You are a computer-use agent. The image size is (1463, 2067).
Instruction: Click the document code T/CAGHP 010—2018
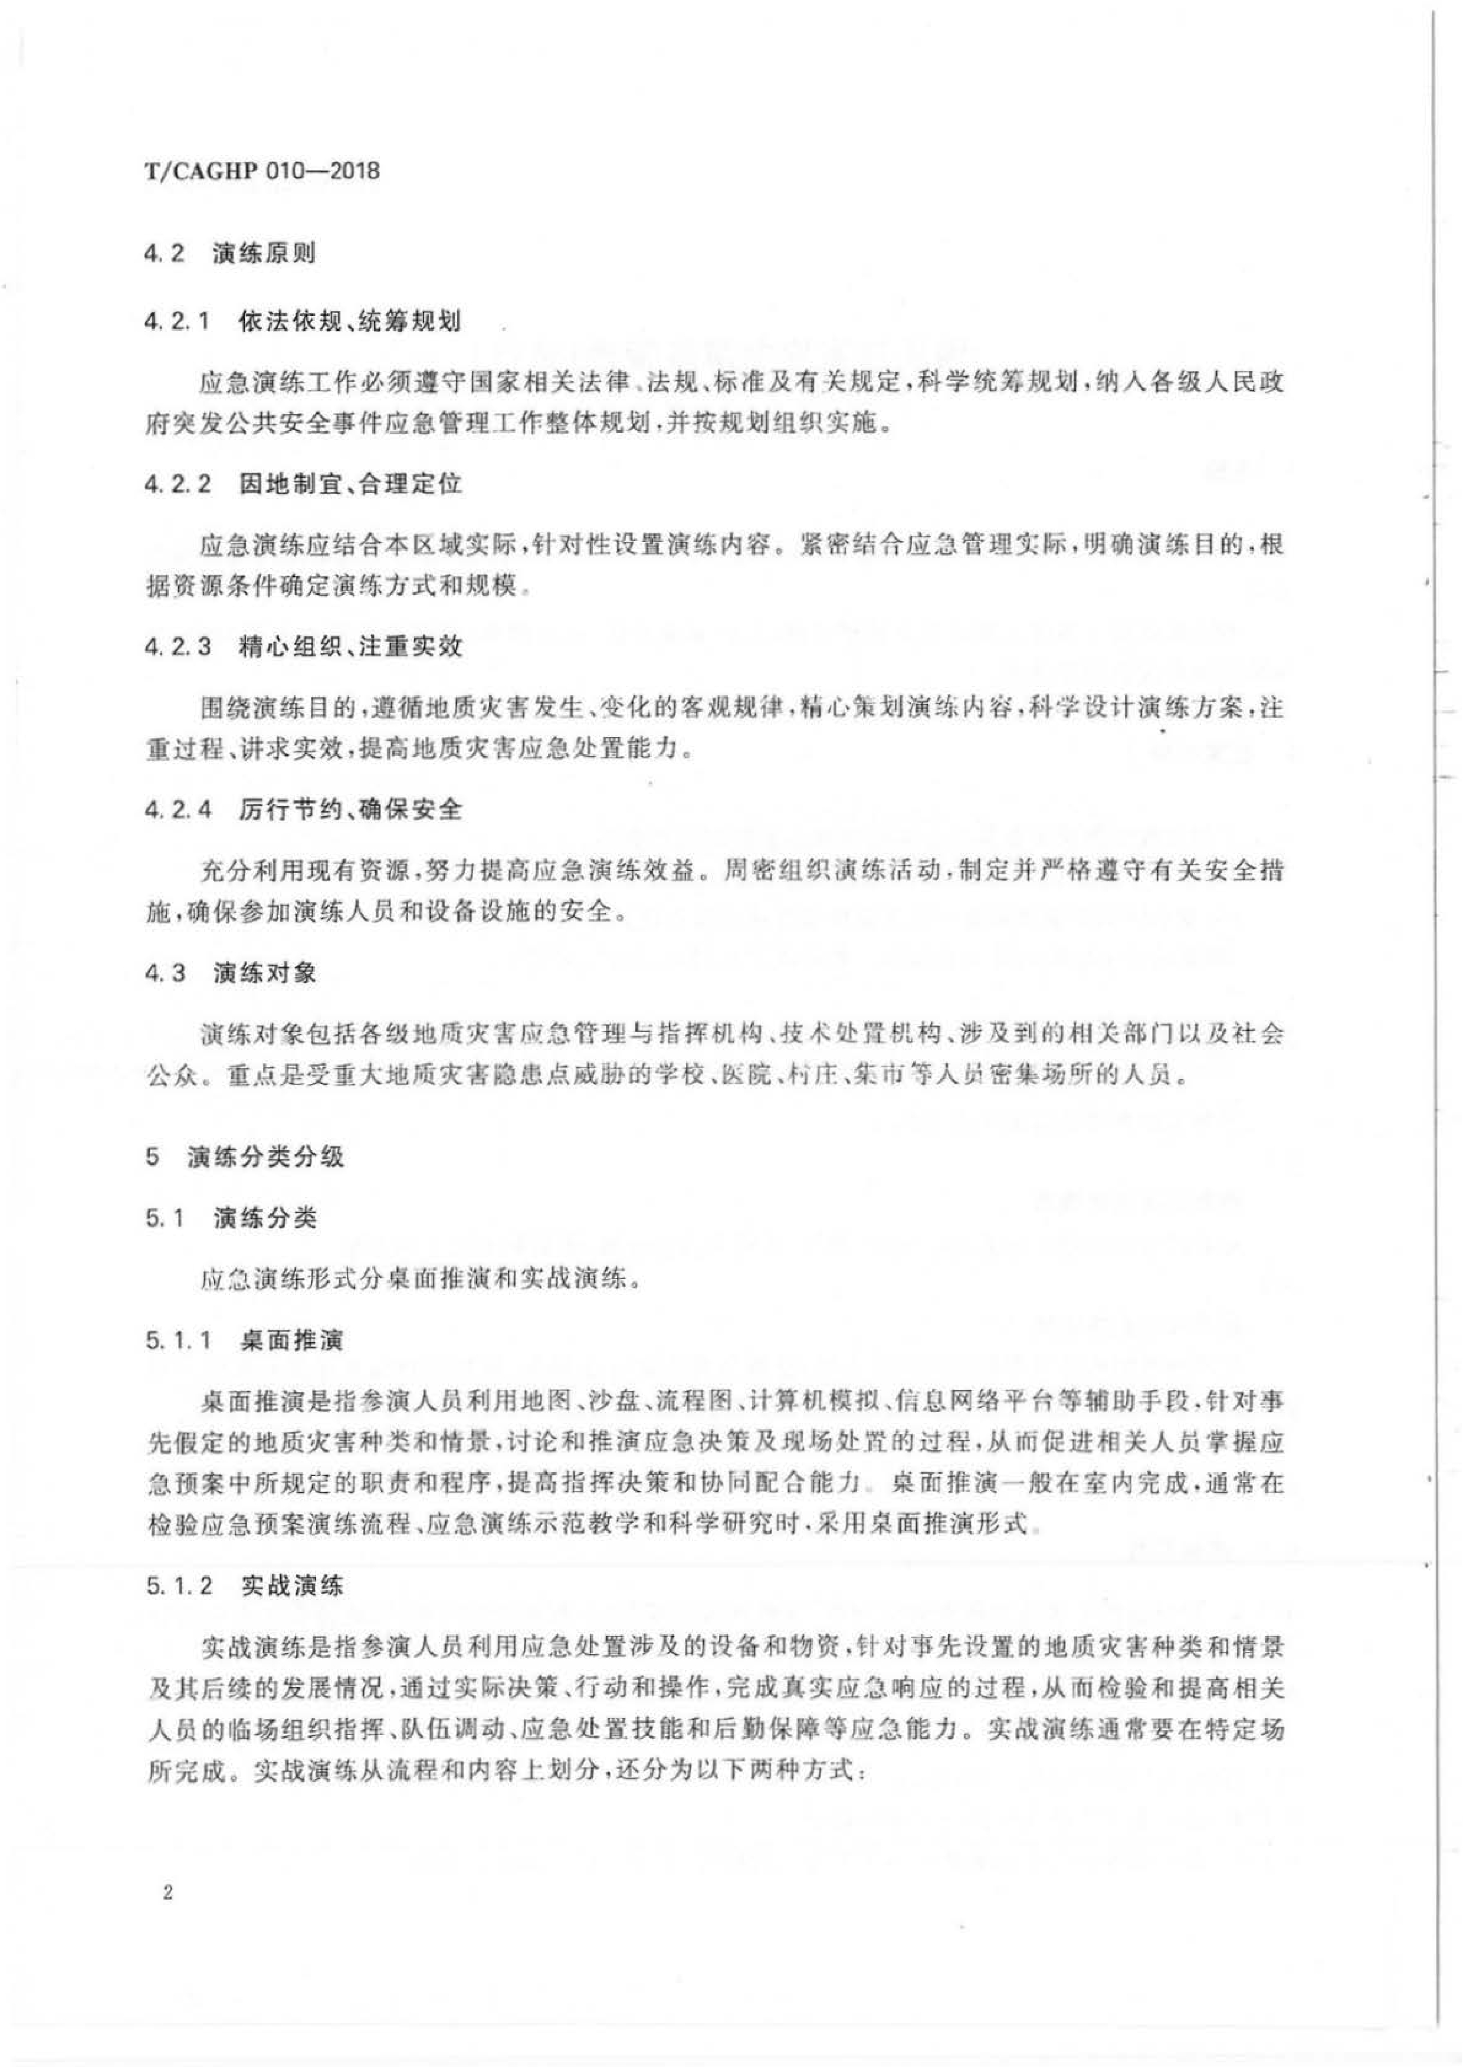click(262, 170)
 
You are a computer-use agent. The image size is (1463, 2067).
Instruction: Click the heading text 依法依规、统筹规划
click(350, 321)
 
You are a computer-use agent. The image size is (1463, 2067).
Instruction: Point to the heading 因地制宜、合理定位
click(350, 485)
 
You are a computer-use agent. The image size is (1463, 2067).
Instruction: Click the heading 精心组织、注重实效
click(350, 647)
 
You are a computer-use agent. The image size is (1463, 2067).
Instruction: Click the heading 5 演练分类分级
click(244, 1156)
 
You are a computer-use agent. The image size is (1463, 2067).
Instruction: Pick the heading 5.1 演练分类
click(229, 1218)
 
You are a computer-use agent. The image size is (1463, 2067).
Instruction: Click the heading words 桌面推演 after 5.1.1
click(292, 1341)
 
